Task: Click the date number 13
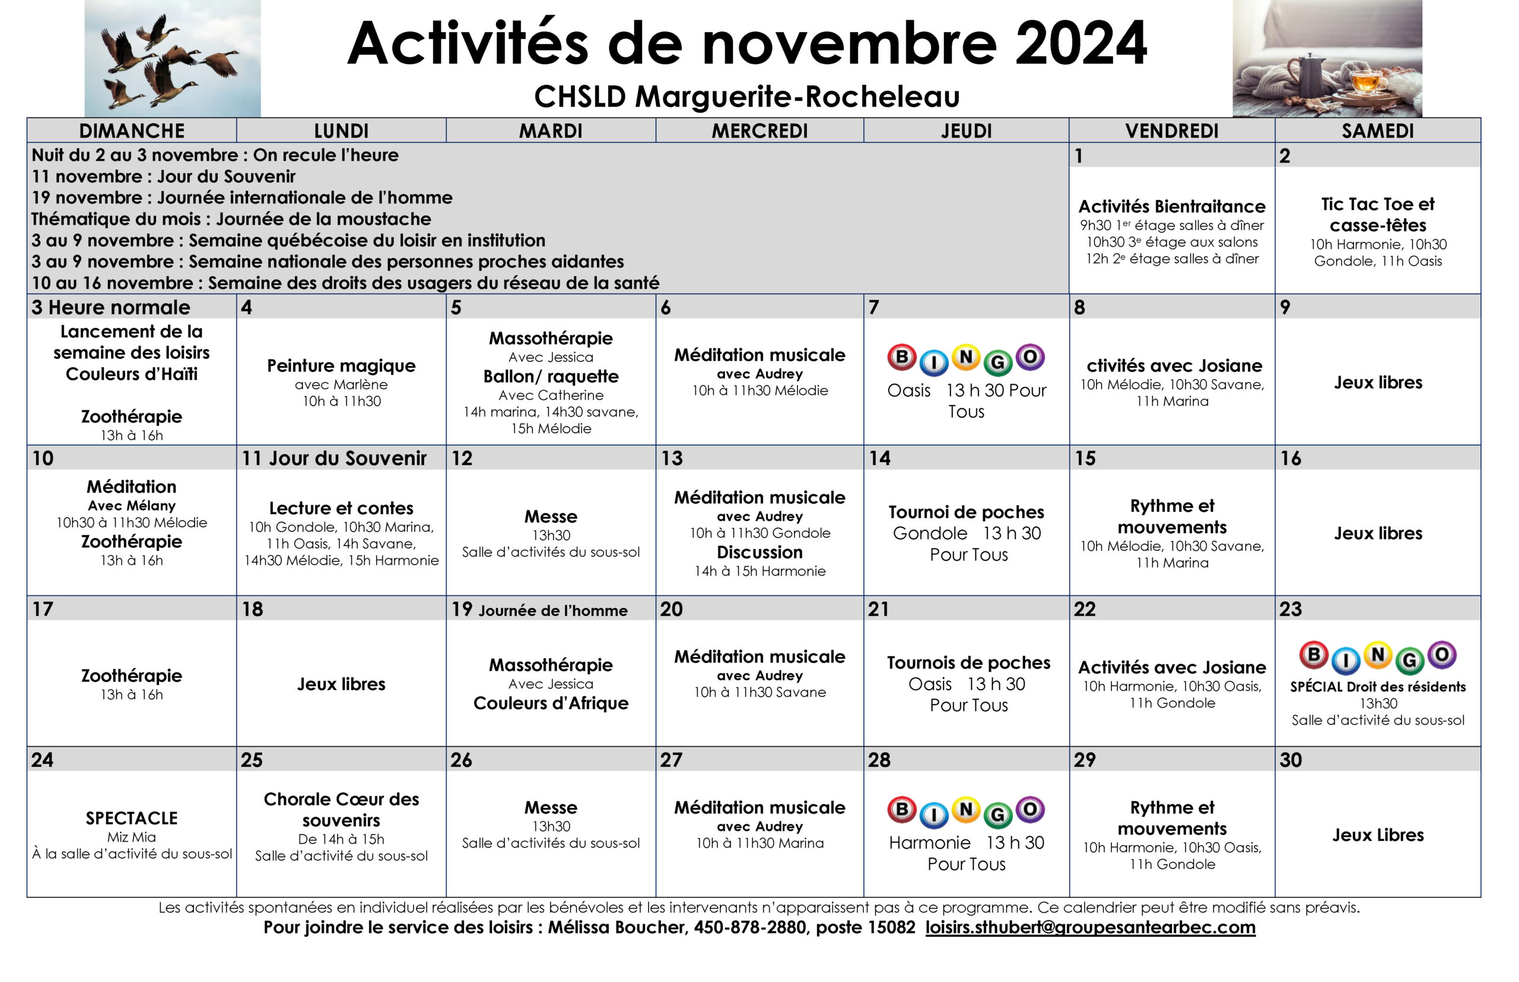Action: coord(671,458)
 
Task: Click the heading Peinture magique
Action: coord(341,365)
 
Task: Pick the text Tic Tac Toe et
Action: coord(1377,204)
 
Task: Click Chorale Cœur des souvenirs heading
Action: coord(341,809)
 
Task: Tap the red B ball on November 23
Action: coord(1314,654)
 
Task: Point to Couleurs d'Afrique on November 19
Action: coord(551,703)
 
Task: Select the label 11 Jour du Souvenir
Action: coord(333,458)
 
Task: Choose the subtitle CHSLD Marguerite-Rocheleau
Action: coord(746,97)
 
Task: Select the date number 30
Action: coord(1290,760)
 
